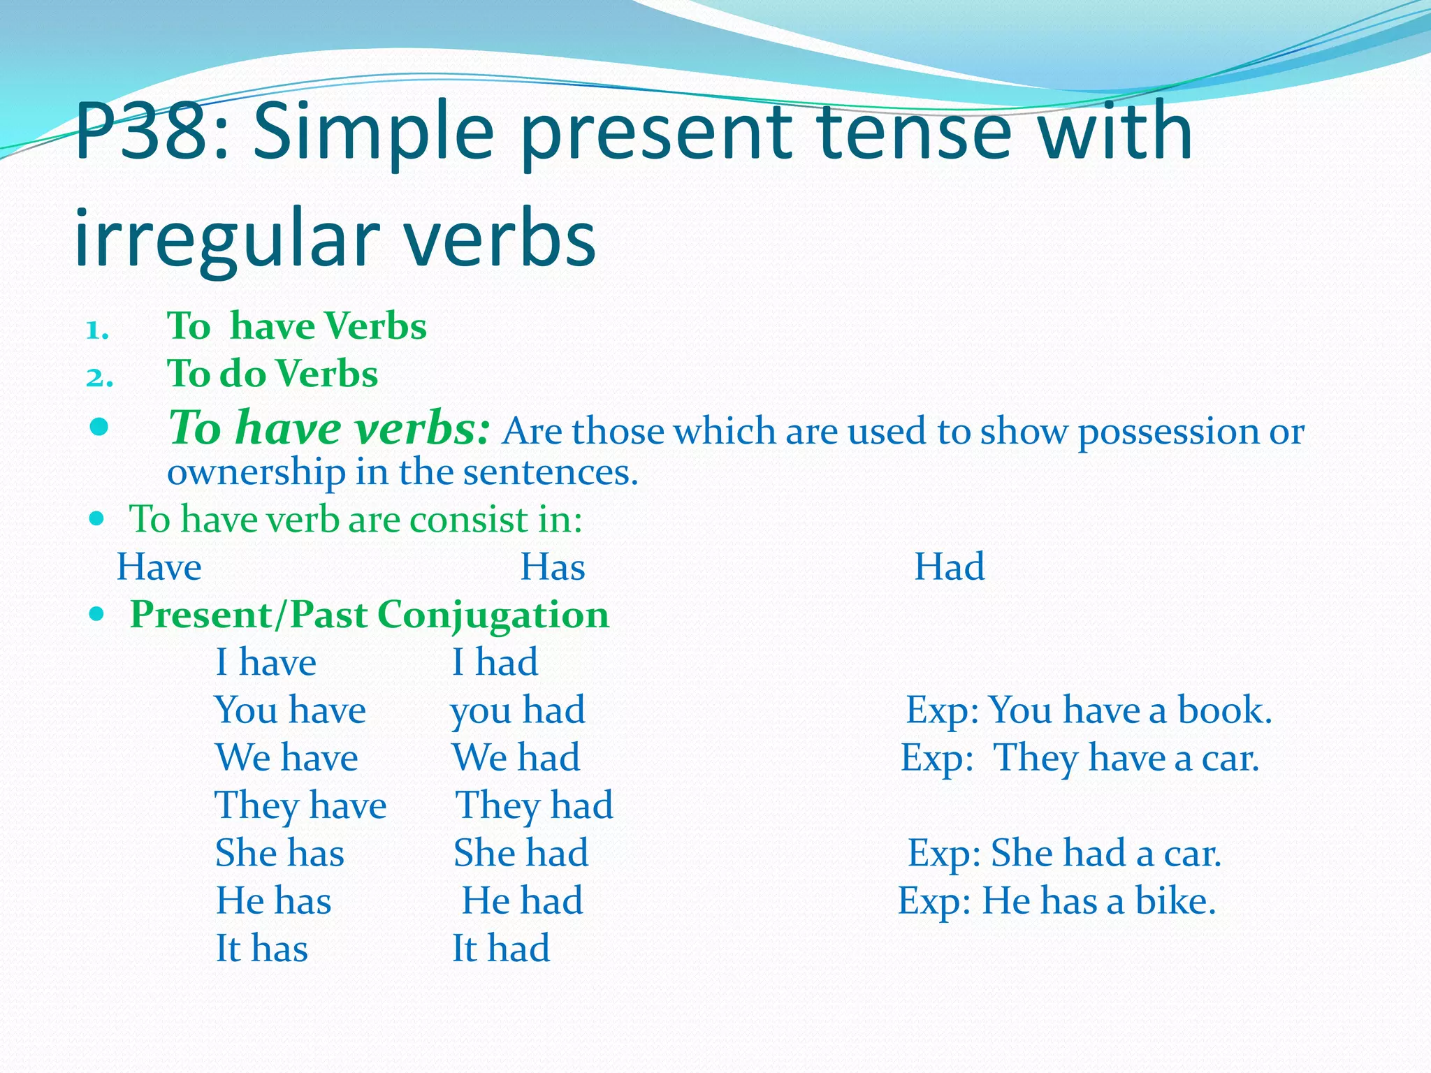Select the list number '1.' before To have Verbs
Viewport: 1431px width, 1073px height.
(98, 330)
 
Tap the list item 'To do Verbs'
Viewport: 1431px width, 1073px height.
(273, 374)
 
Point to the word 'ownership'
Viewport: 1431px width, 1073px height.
(256, 473)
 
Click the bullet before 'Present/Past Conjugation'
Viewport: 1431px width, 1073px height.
(98, 615)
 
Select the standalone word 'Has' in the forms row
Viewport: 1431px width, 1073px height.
(552, 567)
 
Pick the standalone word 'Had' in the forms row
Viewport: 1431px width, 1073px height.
(949, 567)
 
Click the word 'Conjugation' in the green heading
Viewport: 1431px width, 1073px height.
(493, 615)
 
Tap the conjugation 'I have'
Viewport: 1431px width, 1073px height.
(266, 662)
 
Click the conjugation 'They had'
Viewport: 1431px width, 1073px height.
(535, 805)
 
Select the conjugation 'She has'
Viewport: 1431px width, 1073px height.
(279, 853)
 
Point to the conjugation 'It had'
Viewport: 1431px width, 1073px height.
(501, 949)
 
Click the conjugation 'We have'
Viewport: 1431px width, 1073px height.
(286, 758)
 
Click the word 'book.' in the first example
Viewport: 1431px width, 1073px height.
(1225, 710)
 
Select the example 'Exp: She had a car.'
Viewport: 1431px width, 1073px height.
(1064, 853)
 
